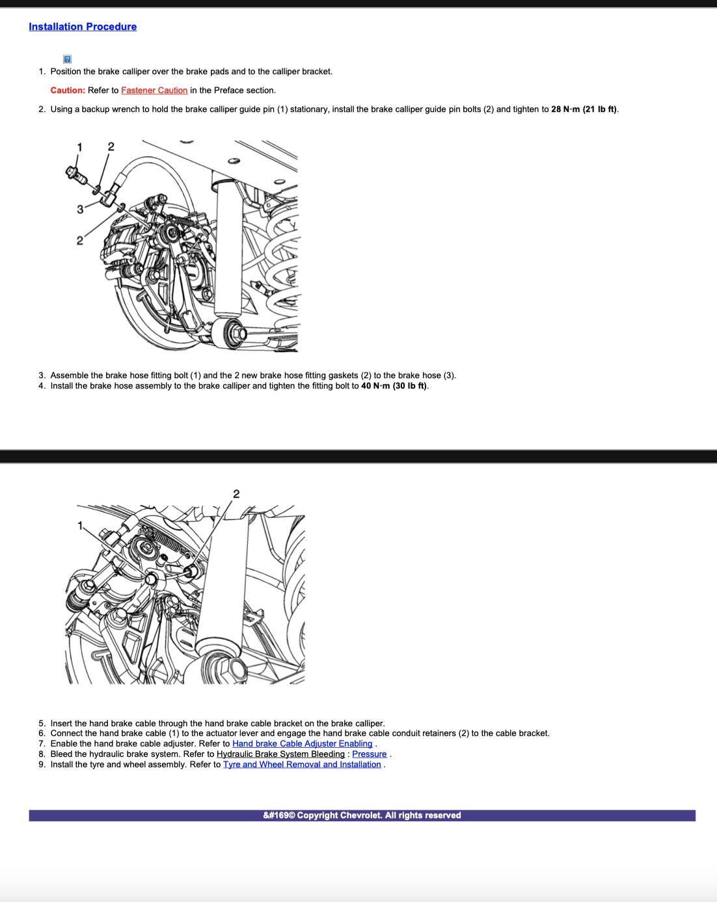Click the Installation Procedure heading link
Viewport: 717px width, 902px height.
click(83, 27)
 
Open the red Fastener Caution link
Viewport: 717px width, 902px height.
click(154, 90)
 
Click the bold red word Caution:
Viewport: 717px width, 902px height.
click(68, 90)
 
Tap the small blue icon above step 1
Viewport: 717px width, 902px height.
click(67, 59)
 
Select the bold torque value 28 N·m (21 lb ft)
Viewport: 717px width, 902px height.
click(584, 109)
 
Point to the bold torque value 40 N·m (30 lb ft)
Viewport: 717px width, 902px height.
click(394, 386)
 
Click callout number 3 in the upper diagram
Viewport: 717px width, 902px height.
click(80, 209)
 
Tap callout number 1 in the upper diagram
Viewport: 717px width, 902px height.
click(79, 147)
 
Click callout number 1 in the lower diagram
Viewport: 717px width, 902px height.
click(80, 525)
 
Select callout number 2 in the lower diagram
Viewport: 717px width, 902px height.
click(236, 494)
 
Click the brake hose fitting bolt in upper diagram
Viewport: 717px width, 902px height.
click(76, 175)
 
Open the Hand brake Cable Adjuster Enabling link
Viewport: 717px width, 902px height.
click(302, 743)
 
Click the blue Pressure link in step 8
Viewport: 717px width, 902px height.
click(369, 754)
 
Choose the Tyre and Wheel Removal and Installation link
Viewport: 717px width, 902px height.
click(302, 764)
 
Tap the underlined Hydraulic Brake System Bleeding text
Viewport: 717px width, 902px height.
click(280, 754)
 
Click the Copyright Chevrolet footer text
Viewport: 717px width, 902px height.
click(362, 815)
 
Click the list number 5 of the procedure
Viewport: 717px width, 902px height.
click(42, 723)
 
